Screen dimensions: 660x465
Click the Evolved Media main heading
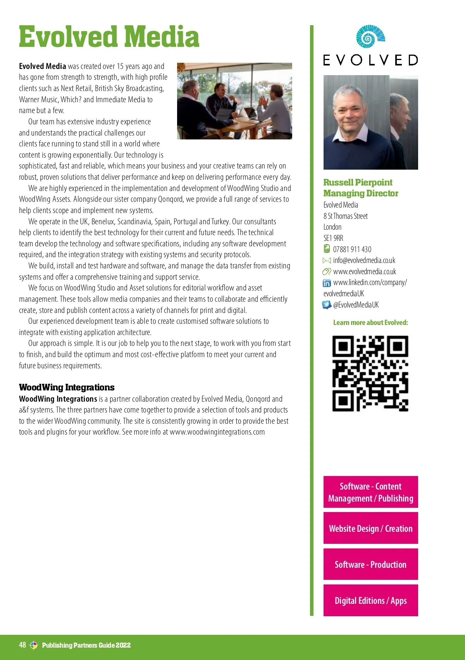[109, 37]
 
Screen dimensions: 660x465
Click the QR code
[370, 373]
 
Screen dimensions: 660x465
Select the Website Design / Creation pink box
[370, 528]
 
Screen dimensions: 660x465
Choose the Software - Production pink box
[370, 564]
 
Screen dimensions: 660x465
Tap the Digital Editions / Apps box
[370, 600]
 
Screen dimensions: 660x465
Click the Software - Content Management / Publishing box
[370, 492]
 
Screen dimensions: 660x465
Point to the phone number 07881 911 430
[352, 249]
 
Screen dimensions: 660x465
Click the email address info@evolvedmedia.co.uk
[364, 260]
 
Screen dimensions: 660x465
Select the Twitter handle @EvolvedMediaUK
[356, 305]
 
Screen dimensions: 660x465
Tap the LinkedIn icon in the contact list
[327, 283]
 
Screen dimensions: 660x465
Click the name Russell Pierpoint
[358, 182]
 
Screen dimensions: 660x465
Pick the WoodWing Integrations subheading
[67, 387]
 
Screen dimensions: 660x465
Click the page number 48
[22, 645]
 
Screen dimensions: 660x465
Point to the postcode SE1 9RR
[333, 238]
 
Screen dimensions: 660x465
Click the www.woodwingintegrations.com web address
[217, 432]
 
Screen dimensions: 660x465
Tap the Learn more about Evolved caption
[370, 323]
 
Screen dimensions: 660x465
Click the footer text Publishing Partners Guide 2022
[86, 645]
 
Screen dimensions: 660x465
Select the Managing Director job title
[361, 193]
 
